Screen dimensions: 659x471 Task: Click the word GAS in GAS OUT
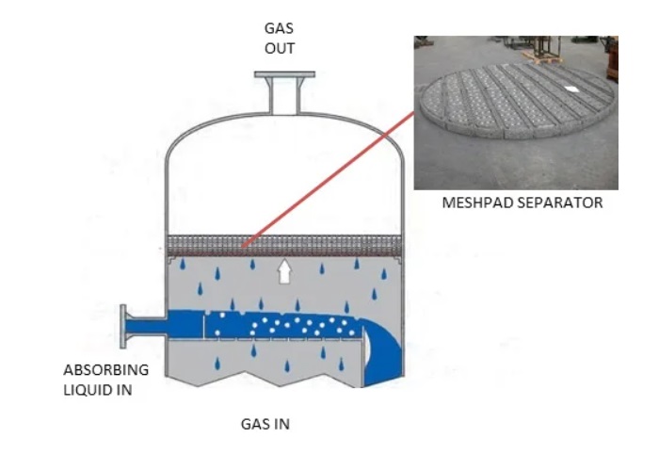click(279, 28)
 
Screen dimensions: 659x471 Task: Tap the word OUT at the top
click(280, 48)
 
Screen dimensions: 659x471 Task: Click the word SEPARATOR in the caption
click(559, 203)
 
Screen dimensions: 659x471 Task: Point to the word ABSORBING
click(105, 370)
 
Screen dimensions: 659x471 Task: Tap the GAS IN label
click(265, 424)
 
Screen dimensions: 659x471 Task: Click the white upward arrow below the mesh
click(284, 271)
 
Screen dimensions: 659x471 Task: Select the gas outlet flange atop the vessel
click(284, 74)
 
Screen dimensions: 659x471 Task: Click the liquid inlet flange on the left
click(123, 327)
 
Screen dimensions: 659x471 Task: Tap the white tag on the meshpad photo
click(571, 89)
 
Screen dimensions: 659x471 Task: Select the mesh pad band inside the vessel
click(284, 246)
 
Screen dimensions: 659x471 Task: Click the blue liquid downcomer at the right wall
click(382, 353)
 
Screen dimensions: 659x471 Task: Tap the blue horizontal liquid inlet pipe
click(244, 325)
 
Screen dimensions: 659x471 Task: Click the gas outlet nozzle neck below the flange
click(284, 96)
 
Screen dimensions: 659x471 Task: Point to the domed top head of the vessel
click(284, 126)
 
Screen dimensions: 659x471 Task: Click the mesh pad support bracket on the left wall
click(171, 260)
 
